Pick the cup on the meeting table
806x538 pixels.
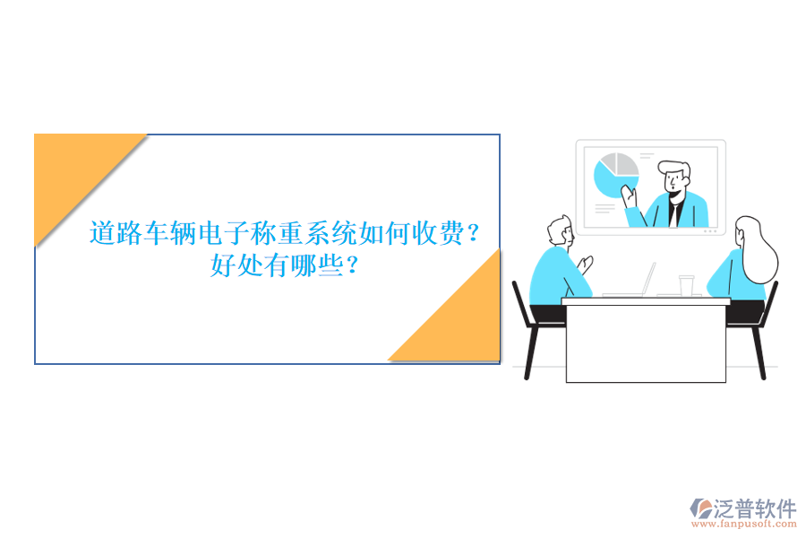[686, 285]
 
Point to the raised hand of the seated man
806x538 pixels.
[586, 265]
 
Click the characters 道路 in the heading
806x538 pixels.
[116, 235]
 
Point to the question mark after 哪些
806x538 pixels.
[356, 265]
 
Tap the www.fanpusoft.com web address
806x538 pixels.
[749, 526]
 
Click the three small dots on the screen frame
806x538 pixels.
[710, 231]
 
